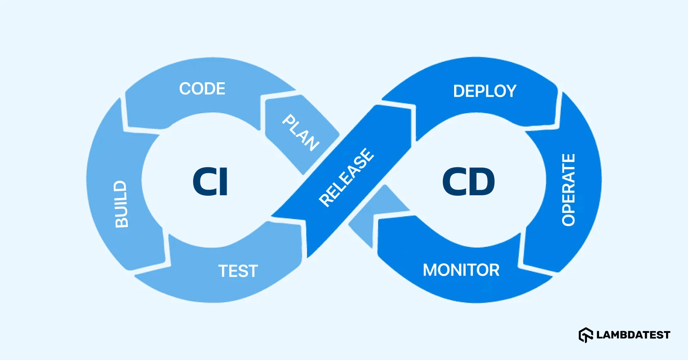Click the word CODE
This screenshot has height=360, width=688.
[x=202, y=89]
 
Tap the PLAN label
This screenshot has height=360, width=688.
[x=301, y=132]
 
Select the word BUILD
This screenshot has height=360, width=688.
[x=121, y=204]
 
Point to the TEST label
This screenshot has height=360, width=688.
[x=238, y=271]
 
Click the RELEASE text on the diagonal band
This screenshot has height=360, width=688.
[x=347, y=177]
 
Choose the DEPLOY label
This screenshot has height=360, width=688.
[x=485, y=91]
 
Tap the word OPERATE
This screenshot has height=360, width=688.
[x=568, y=190]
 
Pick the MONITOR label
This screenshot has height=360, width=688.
[x=461, y=270]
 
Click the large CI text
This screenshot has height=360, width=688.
[x=210, y=182]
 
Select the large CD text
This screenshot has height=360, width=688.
[x=468, y=182]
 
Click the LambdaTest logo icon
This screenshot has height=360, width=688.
[x=586, y=335]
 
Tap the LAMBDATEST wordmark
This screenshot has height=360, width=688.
[x=633, y=335]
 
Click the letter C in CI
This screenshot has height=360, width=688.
[x=203, y=182]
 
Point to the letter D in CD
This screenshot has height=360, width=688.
[x=482, y=182]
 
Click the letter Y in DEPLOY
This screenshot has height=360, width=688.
[x=510, y=91]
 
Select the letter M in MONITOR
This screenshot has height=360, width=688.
[x=430, y=270]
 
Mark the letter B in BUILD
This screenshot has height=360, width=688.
[x=121, y=221]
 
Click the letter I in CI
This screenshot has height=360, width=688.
[x=223, y=182]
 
